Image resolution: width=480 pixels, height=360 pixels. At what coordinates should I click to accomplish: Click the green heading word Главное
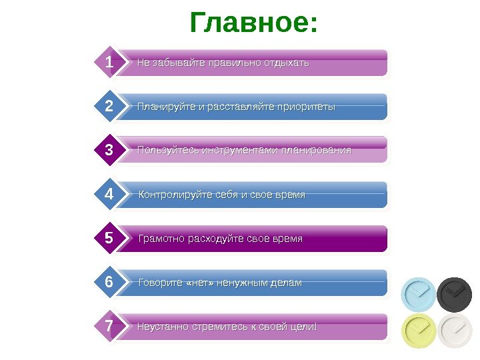tap(253, 23)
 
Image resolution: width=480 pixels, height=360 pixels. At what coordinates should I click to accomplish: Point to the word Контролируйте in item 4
tap(168, 195)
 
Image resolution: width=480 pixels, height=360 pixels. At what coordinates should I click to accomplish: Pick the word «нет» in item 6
tap(203, 283)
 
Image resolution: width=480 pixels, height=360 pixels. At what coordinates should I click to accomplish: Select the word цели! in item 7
tap(303, 327)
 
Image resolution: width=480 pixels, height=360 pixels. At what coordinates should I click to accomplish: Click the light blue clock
tap(418, 294)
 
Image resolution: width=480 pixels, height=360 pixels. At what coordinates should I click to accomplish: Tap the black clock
tap(455, 294)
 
